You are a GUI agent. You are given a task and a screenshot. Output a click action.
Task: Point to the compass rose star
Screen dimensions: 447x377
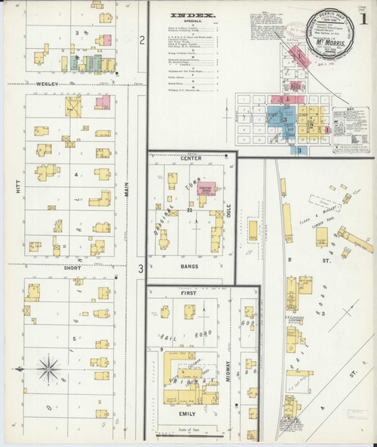(x=50, y=369)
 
